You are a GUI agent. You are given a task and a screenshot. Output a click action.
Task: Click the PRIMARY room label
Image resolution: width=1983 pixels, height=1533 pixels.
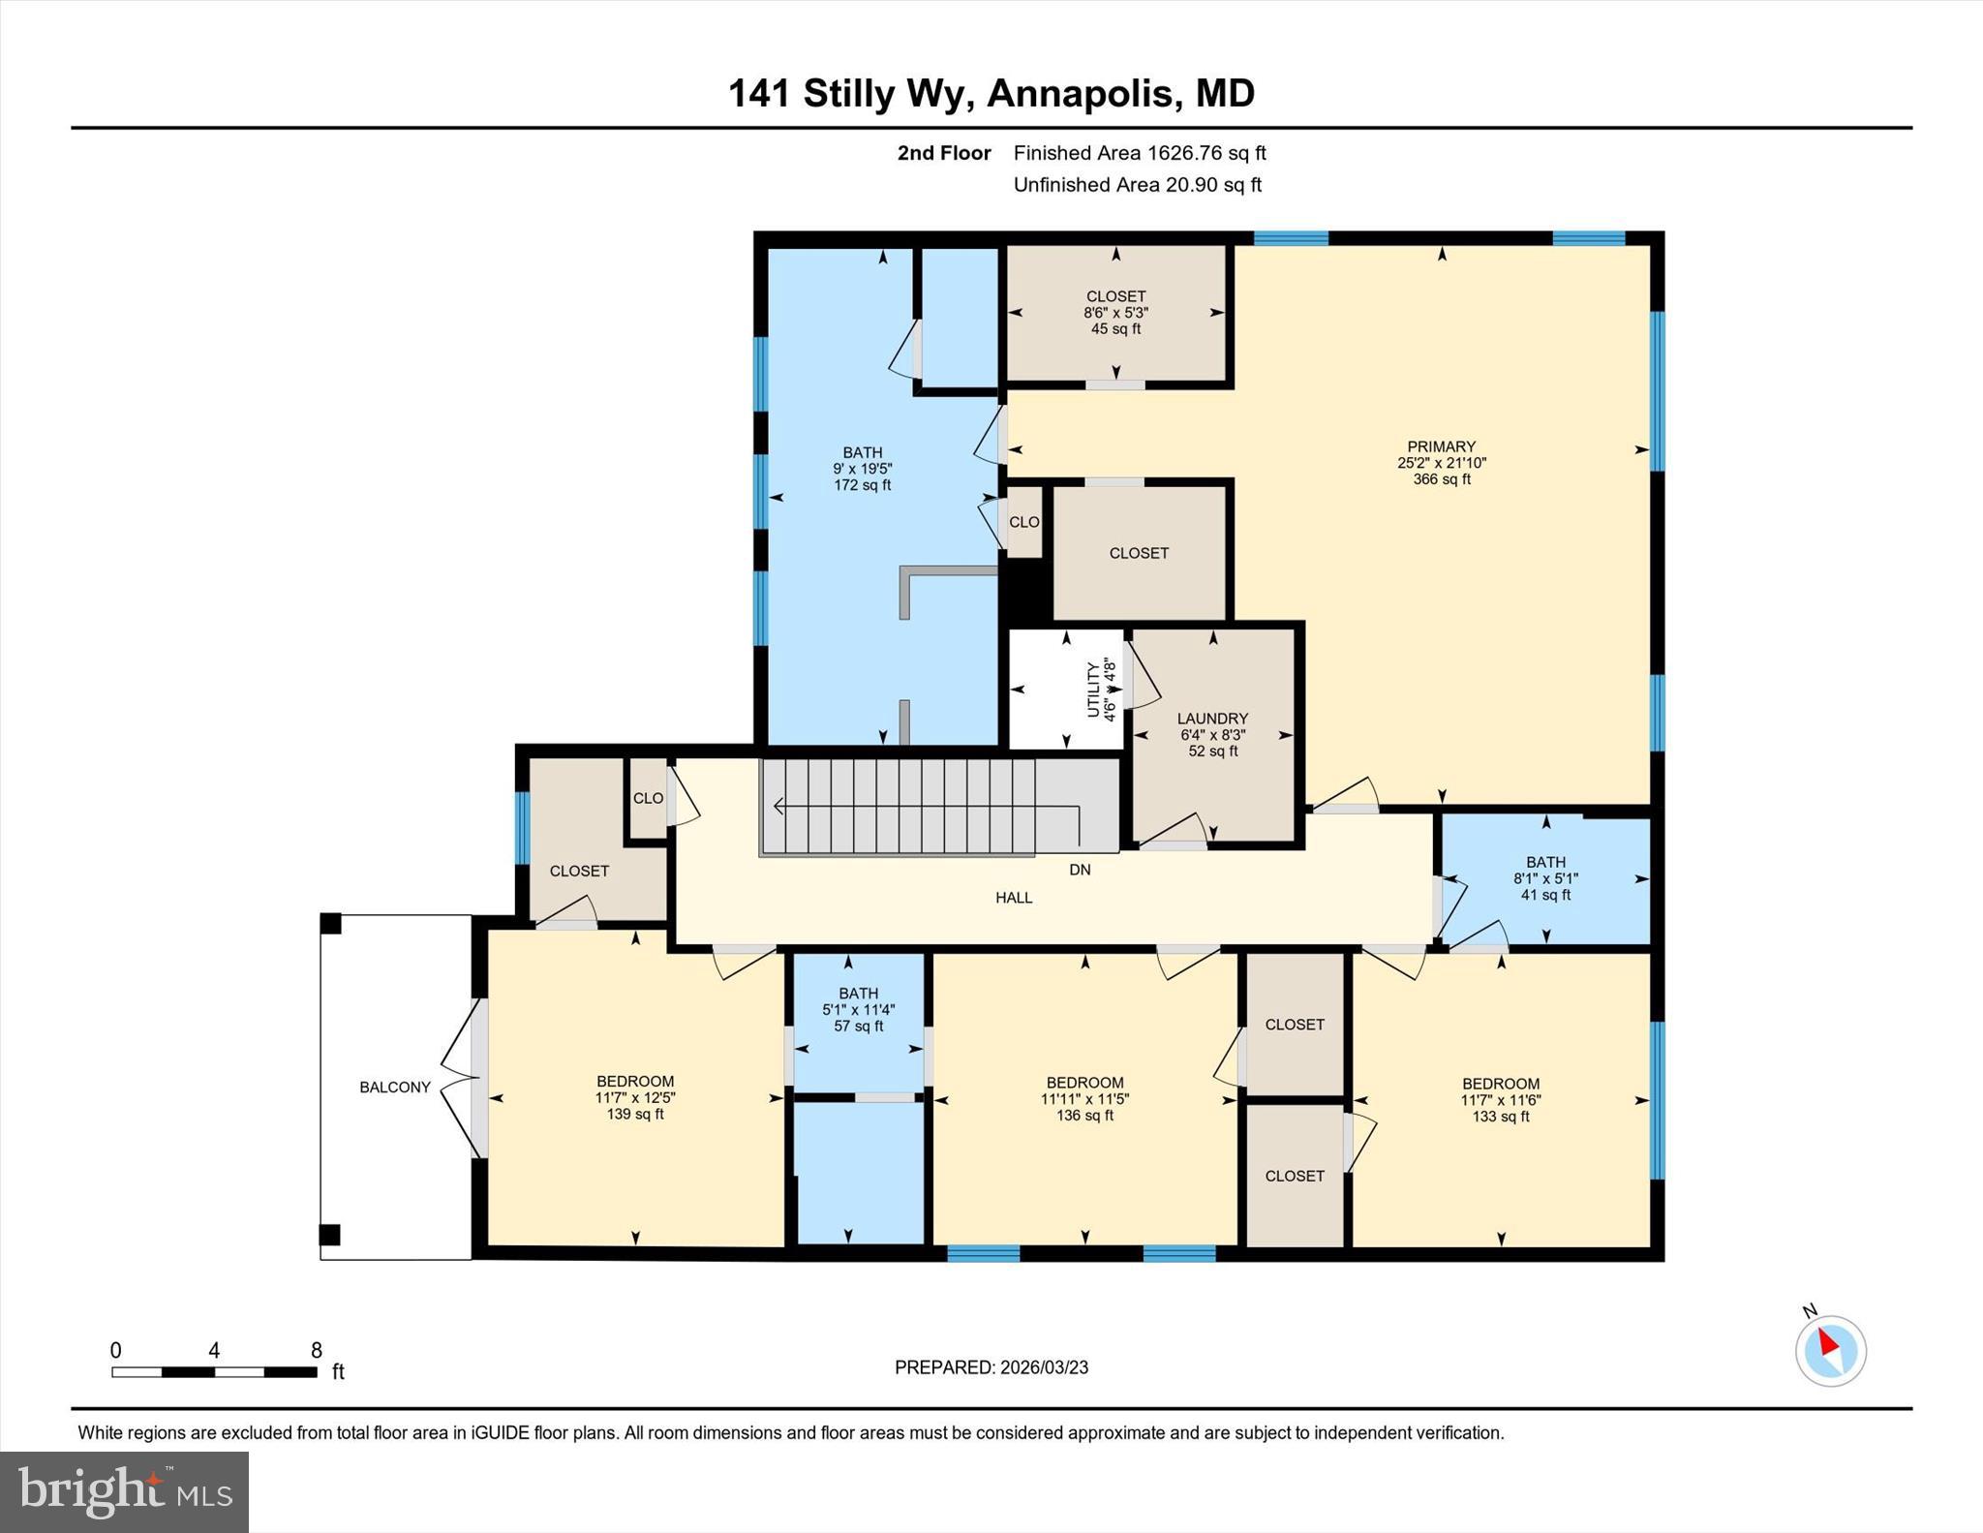pyautogui.click(x=1441, y=446)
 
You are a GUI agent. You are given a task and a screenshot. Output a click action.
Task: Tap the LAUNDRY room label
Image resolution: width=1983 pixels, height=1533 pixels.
pyautogui.click(x=1212, y=719)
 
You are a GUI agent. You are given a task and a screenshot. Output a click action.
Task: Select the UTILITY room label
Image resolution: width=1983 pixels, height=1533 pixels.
pyautogui.click(x=1093, y=690)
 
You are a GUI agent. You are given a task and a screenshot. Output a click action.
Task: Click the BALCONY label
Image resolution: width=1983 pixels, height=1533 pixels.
pyautogui.click(x=395, y=1088)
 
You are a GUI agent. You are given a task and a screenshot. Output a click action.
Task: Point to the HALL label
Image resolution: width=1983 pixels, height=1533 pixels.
pyautogui.click(x=1014, y=898)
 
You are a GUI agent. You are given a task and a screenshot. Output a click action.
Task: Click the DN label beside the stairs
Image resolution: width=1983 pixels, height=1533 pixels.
pyautogui.click(x=1080, y=870)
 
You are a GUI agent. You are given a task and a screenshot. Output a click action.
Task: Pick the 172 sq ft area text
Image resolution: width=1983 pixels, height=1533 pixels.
pyautogui.click(x=862, y=485)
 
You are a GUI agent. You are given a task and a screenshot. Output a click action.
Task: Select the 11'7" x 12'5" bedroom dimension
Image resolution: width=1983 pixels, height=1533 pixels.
pyautogui.click(x=635, y=1098)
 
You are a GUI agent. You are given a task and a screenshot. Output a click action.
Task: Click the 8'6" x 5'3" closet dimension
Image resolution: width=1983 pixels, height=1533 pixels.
pyautogui.click(x=1115, y=313)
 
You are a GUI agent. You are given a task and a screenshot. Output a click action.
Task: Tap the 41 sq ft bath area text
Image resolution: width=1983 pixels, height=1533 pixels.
pyautogui.click(x=1545, y=895)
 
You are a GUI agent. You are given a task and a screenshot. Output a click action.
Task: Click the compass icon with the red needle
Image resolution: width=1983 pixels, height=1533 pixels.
pyautogui.click(x=1830, y=1350)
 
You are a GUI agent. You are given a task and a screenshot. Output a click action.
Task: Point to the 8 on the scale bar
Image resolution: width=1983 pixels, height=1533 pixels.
pyautogui.click(x=316, y=1350)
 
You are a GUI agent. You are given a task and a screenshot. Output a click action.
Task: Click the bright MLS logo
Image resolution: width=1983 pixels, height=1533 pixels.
pyautogui.click(x=124, y=1492)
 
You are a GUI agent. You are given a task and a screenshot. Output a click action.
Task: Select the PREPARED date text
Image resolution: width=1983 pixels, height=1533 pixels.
pyautogui.click(x=991, y=1367)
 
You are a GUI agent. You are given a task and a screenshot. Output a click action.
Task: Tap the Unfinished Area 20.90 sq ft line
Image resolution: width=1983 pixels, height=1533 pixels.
pyautogui.click(x=1137, y=185)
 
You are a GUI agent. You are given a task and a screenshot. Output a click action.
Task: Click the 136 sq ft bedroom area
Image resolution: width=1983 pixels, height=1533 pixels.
pyautogui.click(x=1084, y=1116)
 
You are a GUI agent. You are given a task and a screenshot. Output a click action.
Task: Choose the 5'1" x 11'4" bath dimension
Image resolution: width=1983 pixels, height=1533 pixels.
pyautogui.click(x=858, y=1010)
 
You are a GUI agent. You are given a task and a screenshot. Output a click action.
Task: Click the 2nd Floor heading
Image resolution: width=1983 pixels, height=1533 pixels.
pyautogui.click(x=944, y=153)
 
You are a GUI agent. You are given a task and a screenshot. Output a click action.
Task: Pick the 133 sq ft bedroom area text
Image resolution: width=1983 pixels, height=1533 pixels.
pyautogui.click(x=1500, y=1117)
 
